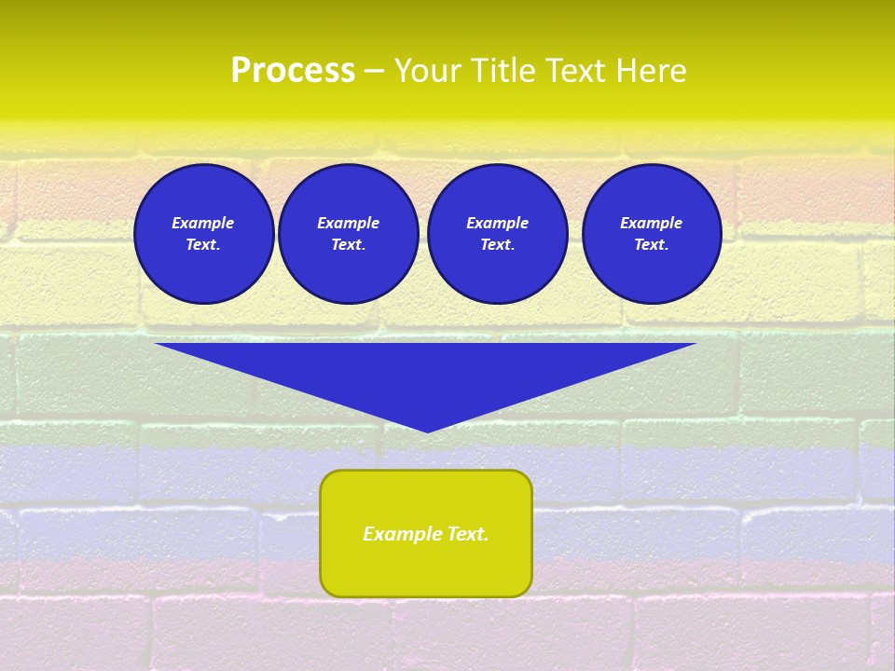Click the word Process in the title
click(293, 71)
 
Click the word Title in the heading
click(503, 71)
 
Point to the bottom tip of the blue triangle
click(427, 431)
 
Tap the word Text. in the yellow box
click(464, 534)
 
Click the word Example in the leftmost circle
click(203, 223)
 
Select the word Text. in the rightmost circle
click(651, 244)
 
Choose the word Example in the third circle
click(497, 223)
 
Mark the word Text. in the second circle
click(348, 244)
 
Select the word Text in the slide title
click(575, 71)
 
